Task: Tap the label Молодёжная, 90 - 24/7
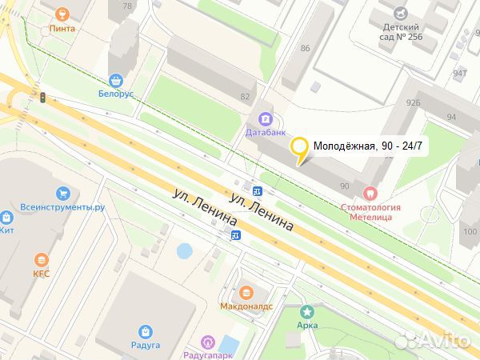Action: [x=367, y=146]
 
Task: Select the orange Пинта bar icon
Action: [x=62, y=14]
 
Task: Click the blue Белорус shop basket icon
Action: [x=117, y=80]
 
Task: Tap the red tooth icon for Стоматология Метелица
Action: [x=370, y=193]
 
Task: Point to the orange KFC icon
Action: [x=41, y=259]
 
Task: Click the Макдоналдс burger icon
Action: [x=246, y=293]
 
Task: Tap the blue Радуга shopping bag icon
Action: [x=145, y=331]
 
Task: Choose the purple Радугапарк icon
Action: [x=207, y=342]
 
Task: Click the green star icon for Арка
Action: [x=306, y=311]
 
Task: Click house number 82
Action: [x=245, y=97]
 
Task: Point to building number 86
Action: [x=304, y=49]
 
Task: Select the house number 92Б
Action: [x=413, y=102]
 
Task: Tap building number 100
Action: [x=469, y=232]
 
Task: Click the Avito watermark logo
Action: [x=433, y=341]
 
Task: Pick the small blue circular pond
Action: [x=184, y=251]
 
